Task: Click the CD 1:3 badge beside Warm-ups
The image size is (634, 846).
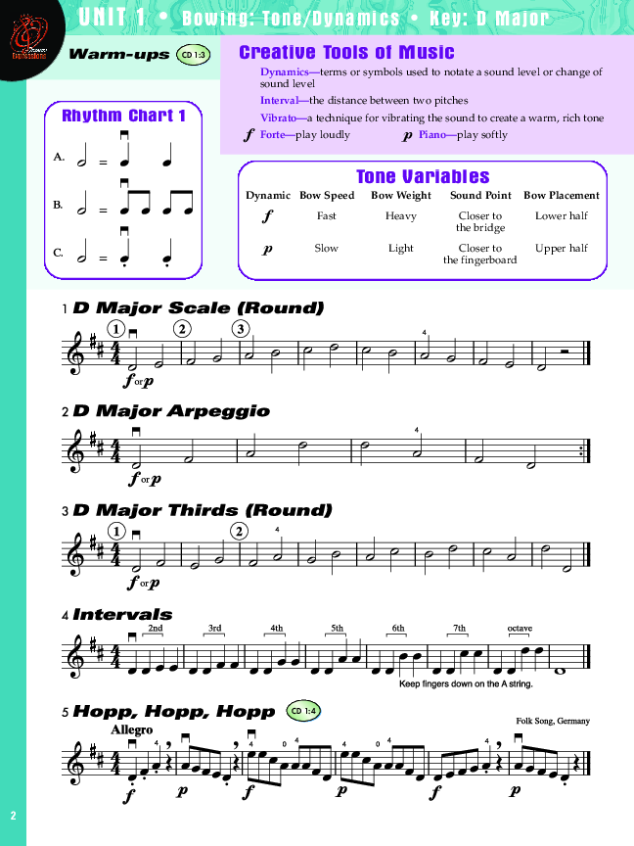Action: tap(193, 57)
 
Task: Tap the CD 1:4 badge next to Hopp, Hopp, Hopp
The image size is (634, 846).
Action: tap(305, 710)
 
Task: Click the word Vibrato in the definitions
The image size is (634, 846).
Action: tap(280, 117)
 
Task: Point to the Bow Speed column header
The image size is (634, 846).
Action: tap(327, 196)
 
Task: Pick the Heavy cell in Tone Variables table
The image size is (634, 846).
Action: tap(400, 216)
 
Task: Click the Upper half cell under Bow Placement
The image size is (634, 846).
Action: tap(562, 249)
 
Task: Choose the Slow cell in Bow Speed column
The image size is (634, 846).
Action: tap(327, 249)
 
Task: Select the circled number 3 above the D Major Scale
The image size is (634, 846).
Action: tap(241, 328)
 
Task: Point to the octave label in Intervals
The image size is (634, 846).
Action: tap(520, 628)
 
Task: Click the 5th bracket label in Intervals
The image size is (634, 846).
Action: tap(338, 628)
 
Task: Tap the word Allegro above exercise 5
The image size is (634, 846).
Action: tap(132, 729)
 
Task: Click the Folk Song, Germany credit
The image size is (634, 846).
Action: tap(553, 722)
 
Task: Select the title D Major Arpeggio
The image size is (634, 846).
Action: tap(171, 411)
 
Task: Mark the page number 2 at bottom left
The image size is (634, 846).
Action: tap(14, 816)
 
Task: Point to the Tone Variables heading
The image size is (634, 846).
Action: tap(423, 176)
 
